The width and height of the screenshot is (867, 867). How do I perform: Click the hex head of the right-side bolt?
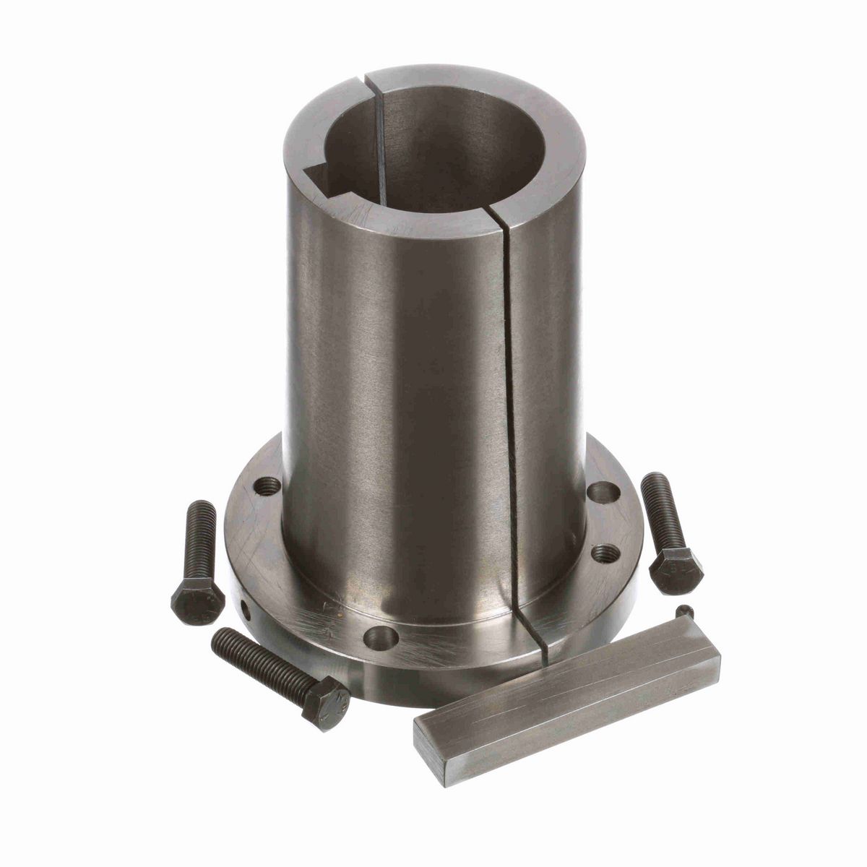coord(676,570)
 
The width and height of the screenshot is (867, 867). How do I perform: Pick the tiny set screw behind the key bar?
coord(684,613)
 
